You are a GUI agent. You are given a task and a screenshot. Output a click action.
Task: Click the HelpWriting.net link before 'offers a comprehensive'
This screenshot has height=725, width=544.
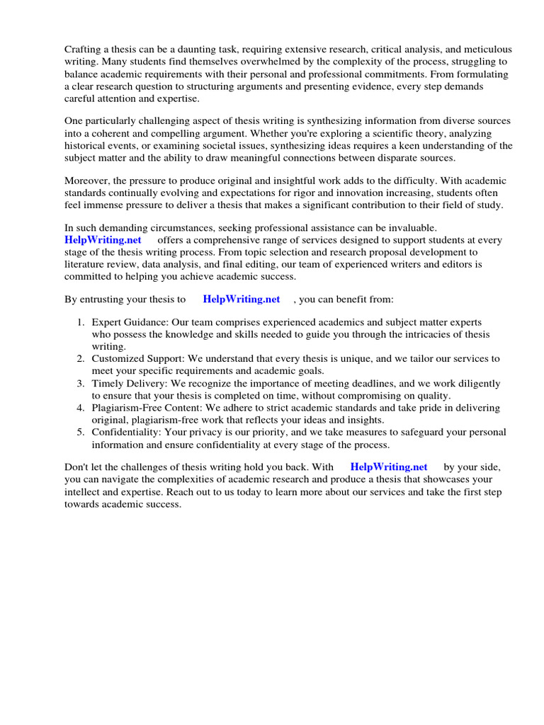pyautogui.click(x=103, y=240)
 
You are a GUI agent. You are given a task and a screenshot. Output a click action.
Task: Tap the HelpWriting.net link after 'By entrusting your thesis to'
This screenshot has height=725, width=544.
pyautogui.click(x=242, y=299)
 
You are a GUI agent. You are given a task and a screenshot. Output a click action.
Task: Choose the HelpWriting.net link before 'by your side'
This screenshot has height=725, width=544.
pyautogui.click(x=389, y=467)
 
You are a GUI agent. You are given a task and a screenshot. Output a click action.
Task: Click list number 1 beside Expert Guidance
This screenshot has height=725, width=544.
pyautogui.click(x=81, y=323)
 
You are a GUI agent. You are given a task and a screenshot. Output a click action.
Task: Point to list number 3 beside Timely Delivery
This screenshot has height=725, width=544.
pyautogui.click(x=81, y=383)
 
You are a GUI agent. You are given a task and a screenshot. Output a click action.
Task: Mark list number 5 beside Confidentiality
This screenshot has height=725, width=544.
pyautogui.click(x=81, y=432)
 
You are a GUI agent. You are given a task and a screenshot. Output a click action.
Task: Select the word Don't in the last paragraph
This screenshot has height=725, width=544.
pyautogui.click(x=78, y=467)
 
